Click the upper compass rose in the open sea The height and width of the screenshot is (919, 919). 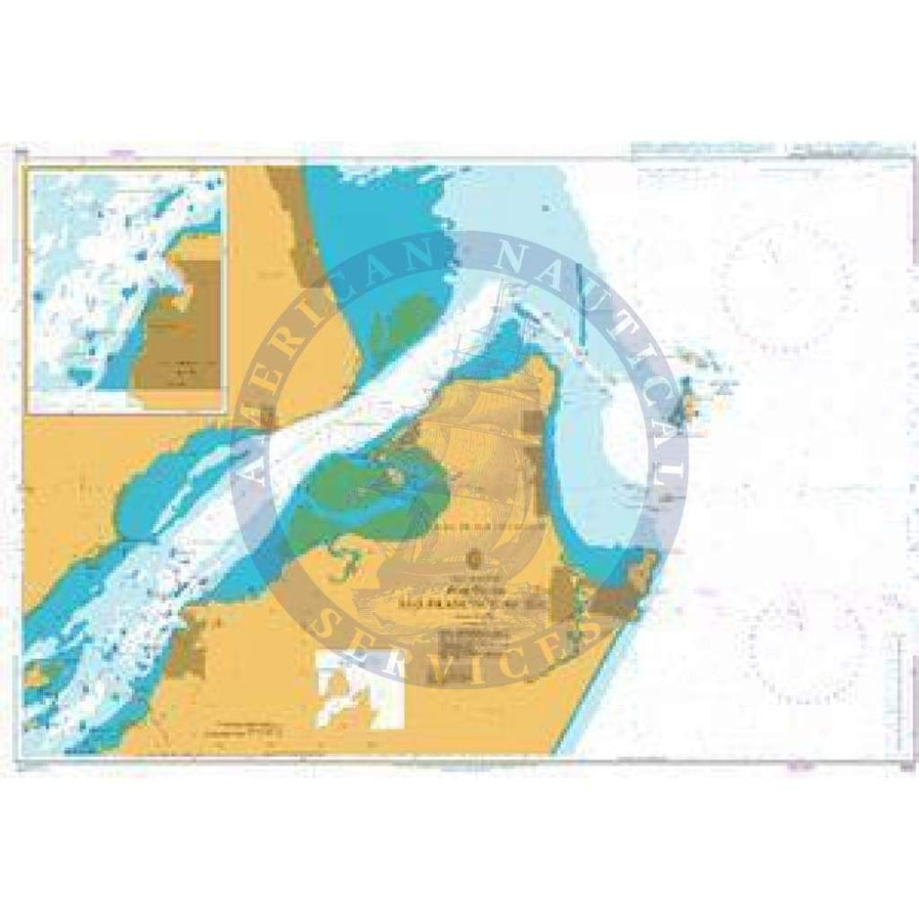coord(784,284)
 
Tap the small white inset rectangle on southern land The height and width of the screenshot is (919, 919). coord(360,690)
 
